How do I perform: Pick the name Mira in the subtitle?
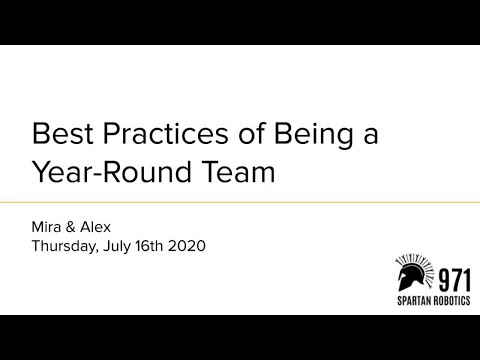click(x=50, y=226)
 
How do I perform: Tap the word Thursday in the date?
click(x=66, y=245)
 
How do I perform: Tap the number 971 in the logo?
click(x=450, y=275)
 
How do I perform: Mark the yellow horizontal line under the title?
click(x=240, y=203)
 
